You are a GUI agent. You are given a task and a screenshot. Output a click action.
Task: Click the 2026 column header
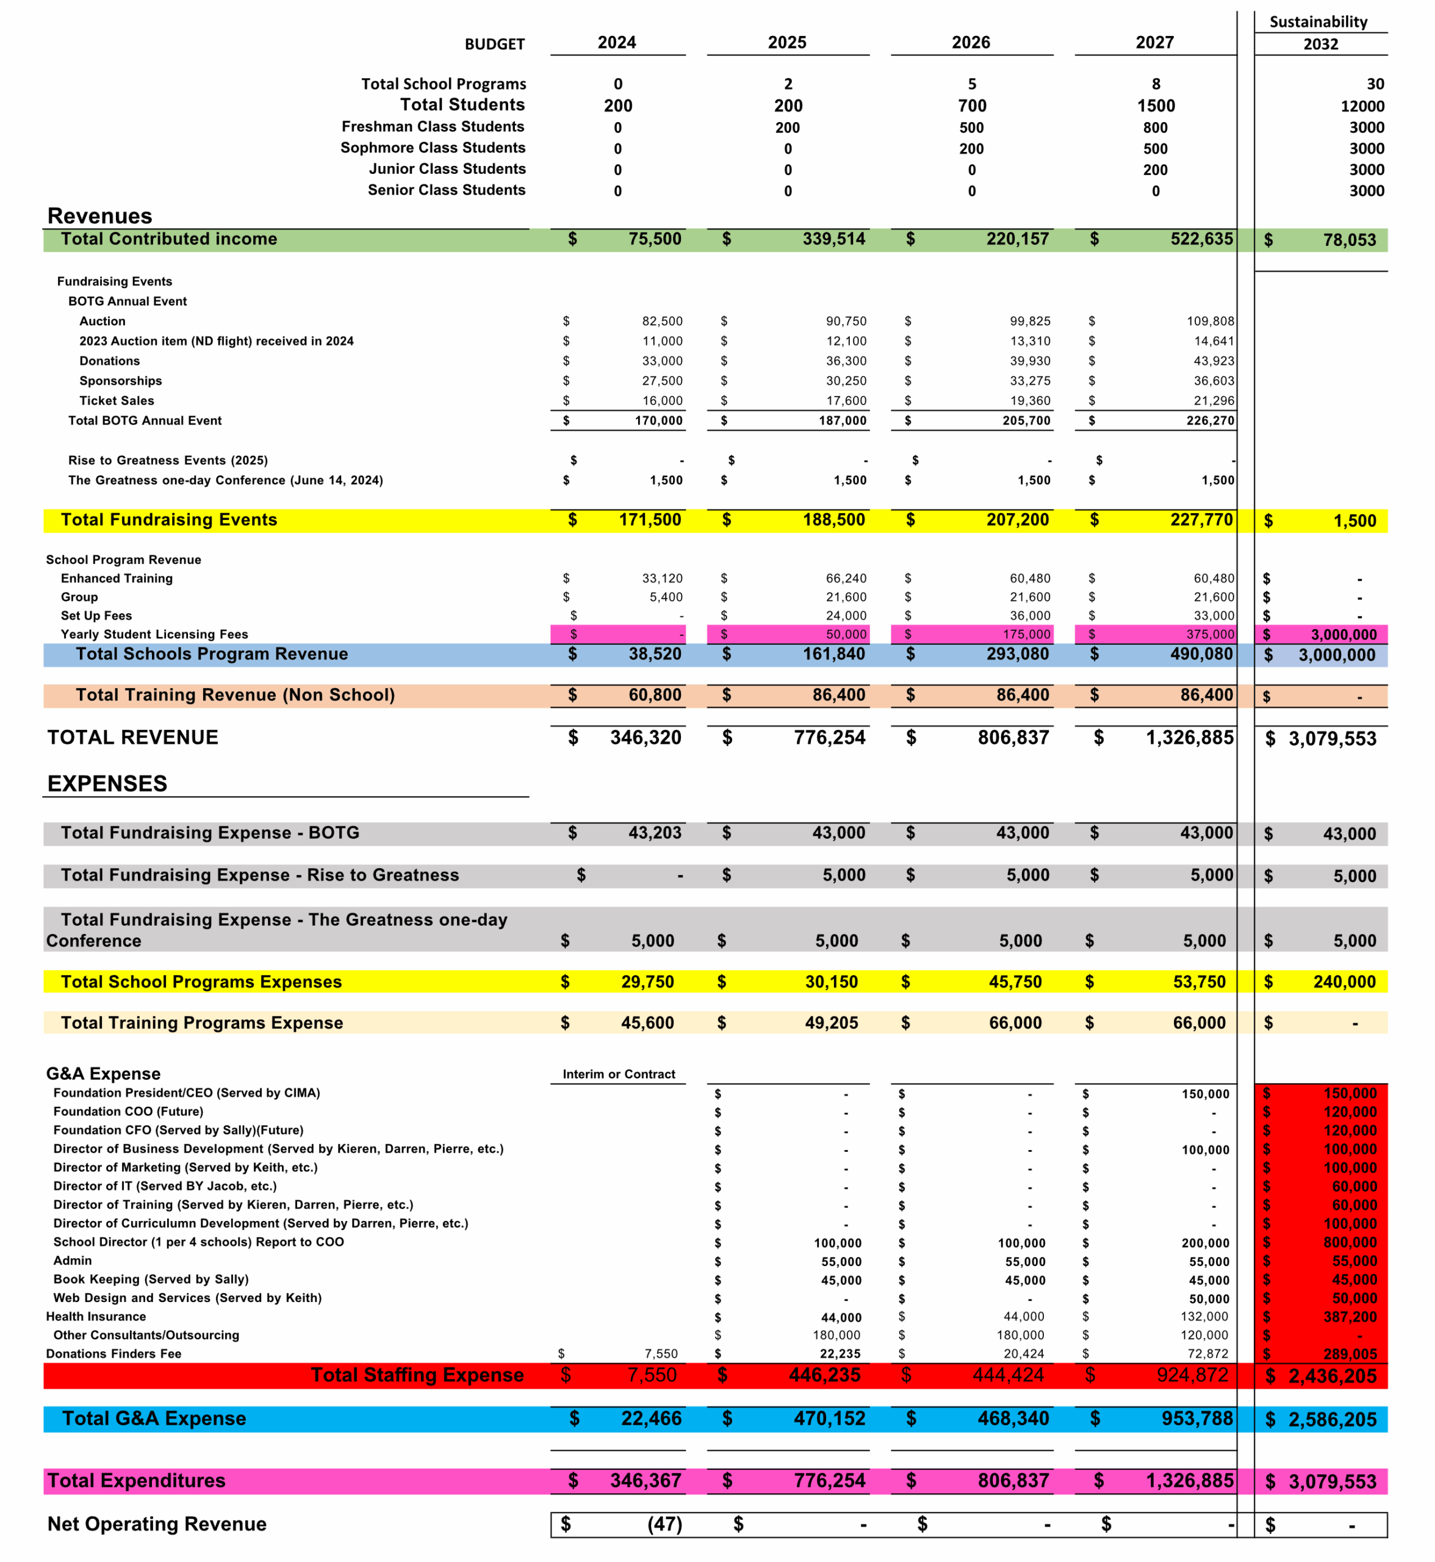971,43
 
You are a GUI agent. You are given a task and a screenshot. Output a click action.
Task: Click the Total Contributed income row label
168,239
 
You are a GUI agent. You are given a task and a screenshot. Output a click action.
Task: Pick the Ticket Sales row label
117,401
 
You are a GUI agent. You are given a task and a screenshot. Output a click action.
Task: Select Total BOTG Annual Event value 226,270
1210,421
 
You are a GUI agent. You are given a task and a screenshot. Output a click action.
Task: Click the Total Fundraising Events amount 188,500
833,520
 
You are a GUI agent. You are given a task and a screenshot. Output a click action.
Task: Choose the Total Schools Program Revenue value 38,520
655,654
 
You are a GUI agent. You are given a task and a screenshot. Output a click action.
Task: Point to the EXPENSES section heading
107,783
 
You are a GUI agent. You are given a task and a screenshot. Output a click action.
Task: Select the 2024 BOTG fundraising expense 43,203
655,833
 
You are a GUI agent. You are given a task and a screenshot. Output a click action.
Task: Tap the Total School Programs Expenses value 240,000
1344,982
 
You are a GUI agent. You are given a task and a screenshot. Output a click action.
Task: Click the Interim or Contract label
618,1074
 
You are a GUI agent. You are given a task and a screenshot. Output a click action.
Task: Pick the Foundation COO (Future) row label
128,1112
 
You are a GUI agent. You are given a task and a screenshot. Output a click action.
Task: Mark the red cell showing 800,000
1350,1243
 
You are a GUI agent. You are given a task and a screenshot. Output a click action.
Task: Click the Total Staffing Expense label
417,1375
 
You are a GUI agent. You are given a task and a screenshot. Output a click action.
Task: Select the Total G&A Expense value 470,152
829,1419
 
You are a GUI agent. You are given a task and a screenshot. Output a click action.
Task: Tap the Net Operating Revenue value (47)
664,1525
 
